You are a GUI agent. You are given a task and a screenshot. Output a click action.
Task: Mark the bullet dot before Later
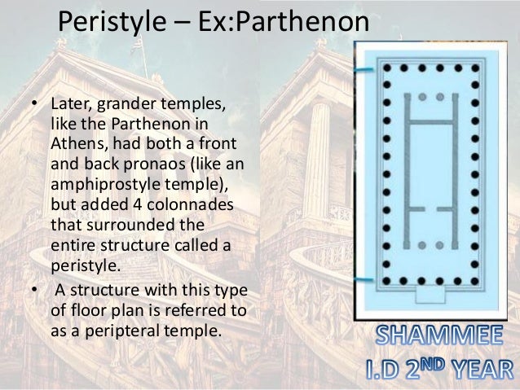(x=33, y=106)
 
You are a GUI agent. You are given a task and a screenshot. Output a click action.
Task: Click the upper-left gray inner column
(x=421, y=97)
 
